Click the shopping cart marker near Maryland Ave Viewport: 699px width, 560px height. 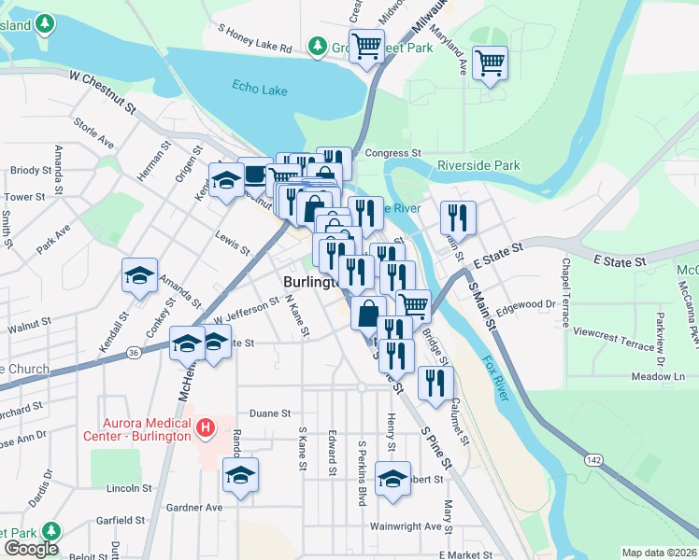click(489, 64)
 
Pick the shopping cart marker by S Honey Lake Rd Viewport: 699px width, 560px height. click(366, 45)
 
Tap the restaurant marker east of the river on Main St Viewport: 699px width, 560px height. click(458, 219)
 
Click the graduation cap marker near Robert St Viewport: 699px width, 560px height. click(393, 480)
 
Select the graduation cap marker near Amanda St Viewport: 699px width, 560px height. click(139, 276)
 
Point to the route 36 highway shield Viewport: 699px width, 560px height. click(135, 352)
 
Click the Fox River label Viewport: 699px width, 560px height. click(495, 376)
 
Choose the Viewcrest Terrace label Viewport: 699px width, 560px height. click(614, 338)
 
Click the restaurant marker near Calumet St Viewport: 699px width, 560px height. click(435, 383)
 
